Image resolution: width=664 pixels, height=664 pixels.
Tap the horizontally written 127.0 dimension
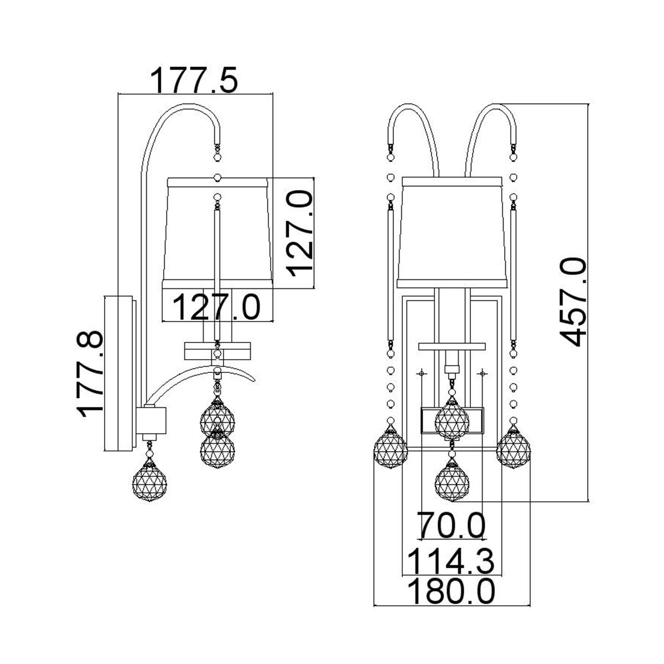[x=217, y=307]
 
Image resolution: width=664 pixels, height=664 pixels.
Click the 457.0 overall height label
[x=572, y=302]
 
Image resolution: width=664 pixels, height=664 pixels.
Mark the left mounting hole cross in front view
[x=422, y=373]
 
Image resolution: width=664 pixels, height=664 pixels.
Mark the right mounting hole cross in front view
[x=484, y=373]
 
